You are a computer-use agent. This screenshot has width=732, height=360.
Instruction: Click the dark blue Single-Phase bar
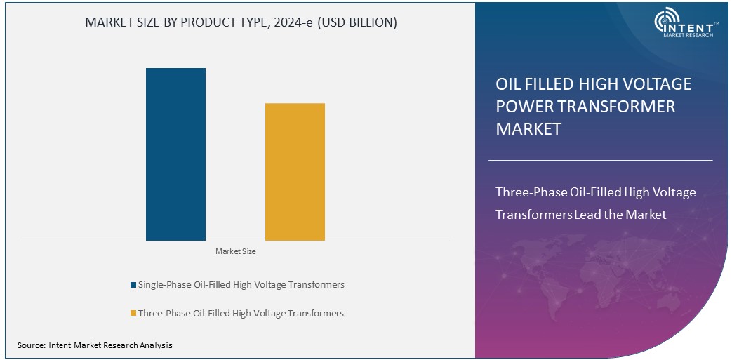[x=175, y=154]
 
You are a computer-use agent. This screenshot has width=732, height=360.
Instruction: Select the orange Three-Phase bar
[x=295, y=172]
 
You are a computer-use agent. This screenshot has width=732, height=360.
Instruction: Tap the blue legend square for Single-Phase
[x=133, y=285]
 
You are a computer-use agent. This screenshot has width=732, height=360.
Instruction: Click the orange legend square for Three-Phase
[x=133, y=313]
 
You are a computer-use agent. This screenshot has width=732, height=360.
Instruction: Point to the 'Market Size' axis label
[x=235, y=251]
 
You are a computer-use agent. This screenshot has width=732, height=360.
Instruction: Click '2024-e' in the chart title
[x=295, y=22]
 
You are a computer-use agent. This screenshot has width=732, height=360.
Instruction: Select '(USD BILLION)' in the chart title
[x=357, y=22]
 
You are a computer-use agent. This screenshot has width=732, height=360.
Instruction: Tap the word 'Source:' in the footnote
[x=31, y=345]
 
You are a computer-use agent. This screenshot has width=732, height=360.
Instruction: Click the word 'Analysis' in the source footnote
[x=156, y=345]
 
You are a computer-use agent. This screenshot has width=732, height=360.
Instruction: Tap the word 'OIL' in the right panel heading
[x=510, y=84]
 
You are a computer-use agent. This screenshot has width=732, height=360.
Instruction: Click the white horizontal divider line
[x=600, y=160]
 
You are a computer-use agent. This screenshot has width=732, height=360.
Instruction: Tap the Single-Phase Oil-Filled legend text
[x=241, y=285]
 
